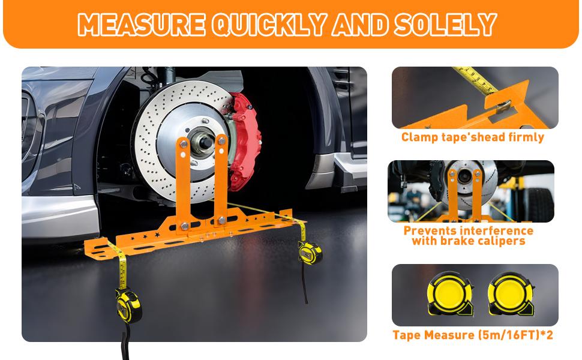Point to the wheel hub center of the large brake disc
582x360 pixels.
[x=201, y=144]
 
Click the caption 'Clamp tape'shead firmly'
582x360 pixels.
[x=473, y=137]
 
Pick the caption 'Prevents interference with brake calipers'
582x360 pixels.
[x=468, y=235]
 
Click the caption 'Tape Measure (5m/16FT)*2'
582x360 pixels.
[x=473, y=335]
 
